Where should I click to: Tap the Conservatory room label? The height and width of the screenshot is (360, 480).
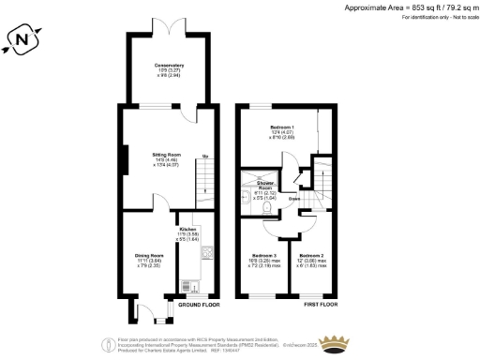[x=170, y=65]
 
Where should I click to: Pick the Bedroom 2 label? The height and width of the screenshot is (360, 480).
[x=312, y=255]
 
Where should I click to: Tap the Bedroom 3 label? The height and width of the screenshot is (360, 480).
[x=262, y=255]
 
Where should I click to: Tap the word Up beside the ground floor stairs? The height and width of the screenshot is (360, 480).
[x=205, y=156]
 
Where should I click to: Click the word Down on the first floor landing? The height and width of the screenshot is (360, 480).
[x=294, y=199]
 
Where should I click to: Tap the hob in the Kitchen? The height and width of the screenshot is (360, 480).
[x=205, y=251]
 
